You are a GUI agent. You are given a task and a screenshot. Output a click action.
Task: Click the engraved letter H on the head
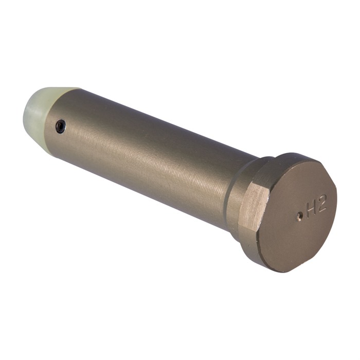[312, 209]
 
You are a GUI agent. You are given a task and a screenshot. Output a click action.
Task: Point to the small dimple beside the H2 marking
[299, 217]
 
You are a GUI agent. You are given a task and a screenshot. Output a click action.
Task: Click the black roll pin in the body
[61, 126]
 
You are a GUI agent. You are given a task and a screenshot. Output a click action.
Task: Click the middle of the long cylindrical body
[149, 159]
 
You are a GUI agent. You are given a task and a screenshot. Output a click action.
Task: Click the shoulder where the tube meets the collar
[226, 190]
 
